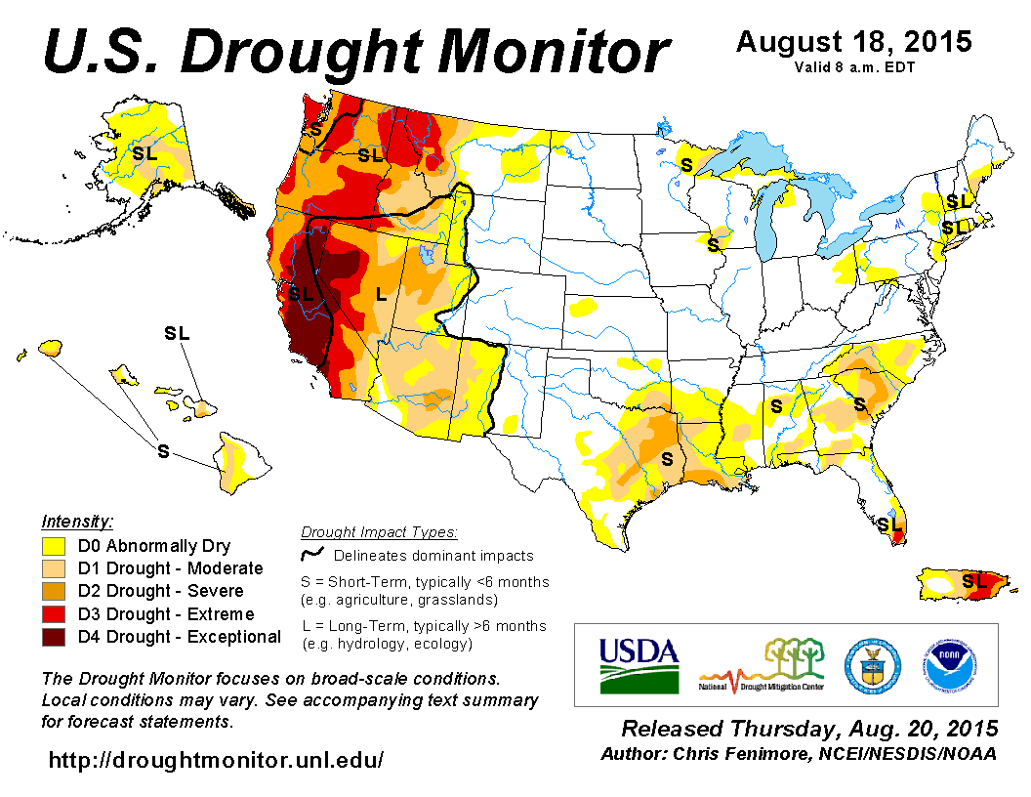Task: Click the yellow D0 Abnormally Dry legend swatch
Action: (x=55, y=546)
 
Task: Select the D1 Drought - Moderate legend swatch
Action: (x=55, y=568)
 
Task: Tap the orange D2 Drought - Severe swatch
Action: (x=55, y=591)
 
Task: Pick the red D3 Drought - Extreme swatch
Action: (x=55, y=614)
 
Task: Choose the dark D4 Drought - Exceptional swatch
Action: (x=55, y=637)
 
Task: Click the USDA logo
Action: (x=639, y=664)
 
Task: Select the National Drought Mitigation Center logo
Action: (x=763, y=664)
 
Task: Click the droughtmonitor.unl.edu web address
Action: (x=216, y=758)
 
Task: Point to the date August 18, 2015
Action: (x=853, y=42)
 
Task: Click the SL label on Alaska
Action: (x=144, y=153)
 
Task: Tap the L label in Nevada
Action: (x=382, y=293)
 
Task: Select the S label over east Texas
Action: (x=668, y=457)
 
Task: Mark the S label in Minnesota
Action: (x=686, y=165)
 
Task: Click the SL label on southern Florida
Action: (x=888, y=524)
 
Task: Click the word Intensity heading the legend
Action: (x=77, y=522)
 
